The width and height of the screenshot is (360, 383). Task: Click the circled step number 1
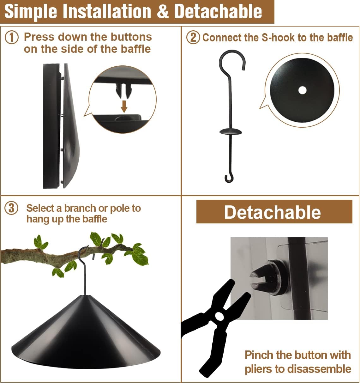[x=12, y=37]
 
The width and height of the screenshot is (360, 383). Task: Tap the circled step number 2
[x=193, y=37]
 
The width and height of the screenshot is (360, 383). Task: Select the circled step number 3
[x=12, y=208]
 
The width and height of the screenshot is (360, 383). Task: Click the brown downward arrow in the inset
[x=124, y=106]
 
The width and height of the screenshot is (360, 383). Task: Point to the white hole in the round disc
[x=302, y=90]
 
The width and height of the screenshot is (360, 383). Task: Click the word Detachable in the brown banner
[x=272, y=212]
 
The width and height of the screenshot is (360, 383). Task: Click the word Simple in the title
[x=31, y=11]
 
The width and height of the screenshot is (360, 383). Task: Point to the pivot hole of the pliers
[x=219, y=316]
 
